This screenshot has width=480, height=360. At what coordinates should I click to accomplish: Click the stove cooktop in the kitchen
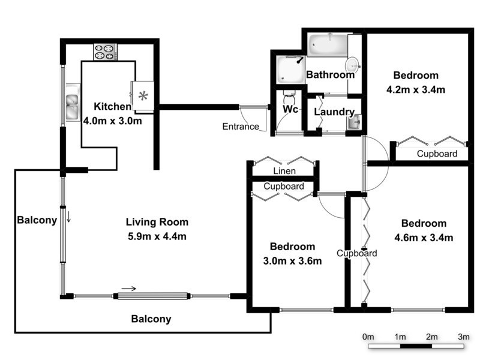tap(104, 52)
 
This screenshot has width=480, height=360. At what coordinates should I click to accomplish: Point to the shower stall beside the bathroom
tap(291, 70)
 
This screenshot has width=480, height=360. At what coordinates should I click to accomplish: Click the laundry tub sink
tap(353, 122)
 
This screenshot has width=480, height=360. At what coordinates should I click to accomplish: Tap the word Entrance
tap(241, 127)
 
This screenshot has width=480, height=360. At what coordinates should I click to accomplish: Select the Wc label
tap(291, 110)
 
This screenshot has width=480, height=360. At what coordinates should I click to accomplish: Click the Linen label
tap(284, 172)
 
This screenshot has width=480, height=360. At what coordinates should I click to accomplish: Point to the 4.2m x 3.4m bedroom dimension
tap(416, 90)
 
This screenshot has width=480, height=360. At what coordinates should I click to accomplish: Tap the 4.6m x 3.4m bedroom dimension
tap(424, 237)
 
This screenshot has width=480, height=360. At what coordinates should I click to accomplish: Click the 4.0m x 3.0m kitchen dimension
tap(112, 121)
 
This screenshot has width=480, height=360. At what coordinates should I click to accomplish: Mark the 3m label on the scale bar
tap(463, 337)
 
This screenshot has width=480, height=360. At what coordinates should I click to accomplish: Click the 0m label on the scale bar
tap(368, 337)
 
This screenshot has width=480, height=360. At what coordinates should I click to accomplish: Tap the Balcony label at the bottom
tap(151, 319)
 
